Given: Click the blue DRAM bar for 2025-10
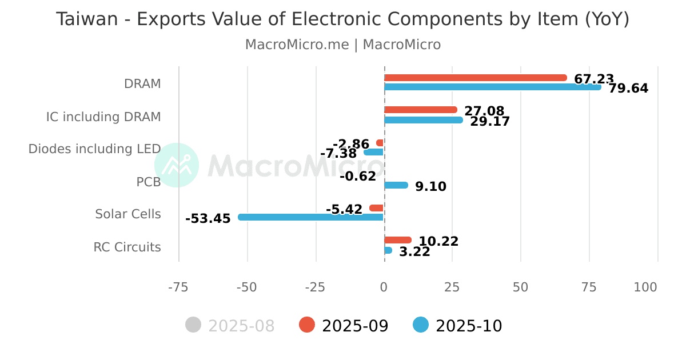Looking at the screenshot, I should pos(492,87).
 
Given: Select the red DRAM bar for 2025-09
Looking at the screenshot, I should pos(475,78).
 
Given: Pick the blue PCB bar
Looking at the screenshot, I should pos(396,185).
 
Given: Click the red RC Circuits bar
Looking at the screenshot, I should pos(397,240).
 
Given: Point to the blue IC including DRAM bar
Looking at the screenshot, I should pos(423,120).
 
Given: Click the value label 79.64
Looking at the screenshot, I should pos(628,89).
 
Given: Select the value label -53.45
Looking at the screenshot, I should pos(208,219).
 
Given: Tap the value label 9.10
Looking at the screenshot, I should pos(430,187).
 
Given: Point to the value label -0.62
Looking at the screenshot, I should pos(358,177).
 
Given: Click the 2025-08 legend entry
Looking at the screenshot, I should pos(230,326).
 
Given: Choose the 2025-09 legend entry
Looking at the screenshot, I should pos(344,326).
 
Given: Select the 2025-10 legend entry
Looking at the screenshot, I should pos(458,326).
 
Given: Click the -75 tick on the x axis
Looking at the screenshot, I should pos(178,287).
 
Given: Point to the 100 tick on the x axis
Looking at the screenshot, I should pos(645,287).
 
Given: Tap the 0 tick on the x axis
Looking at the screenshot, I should pos(384,287).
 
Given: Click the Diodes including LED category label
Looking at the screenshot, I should pos(94,149).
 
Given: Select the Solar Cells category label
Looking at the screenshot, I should pos(128,214).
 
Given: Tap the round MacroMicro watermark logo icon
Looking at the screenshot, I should pos(177,165).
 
